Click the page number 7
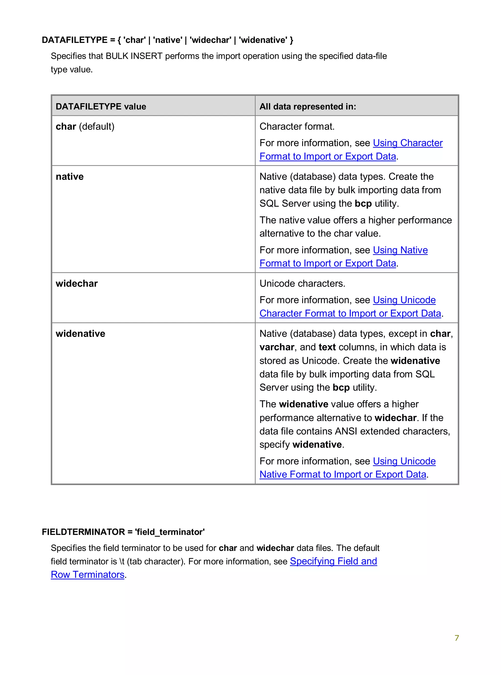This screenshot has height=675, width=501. (457, 638)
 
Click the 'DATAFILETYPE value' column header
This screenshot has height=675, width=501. (101, 106)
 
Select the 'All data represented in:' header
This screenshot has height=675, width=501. (307, 106)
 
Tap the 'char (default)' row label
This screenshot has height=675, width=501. (85, 126)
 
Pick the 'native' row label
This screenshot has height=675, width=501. (69, 176)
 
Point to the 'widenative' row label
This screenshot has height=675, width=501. (80, 333)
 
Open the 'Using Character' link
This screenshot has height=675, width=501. (408, 143)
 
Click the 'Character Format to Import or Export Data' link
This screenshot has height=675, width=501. (350, 313)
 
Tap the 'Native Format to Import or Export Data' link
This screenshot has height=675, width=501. (343, 474)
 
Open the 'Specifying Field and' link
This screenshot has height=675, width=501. (333, 561)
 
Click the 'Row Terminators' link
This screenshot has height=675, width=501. (88, 575)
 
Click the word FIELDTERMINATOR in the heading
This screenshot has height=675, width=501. (83, 532)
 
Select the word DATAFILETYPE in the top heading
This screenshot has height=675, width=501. (75, 40)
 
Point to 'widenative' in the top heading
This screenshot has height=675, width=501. (263, 40)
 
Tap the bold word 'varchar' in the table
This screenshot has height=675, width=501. (277, 347)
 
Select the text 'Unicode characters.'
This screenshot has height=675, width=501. (302, 284)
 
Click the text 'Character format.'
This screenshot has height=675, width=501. (297, 126)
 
